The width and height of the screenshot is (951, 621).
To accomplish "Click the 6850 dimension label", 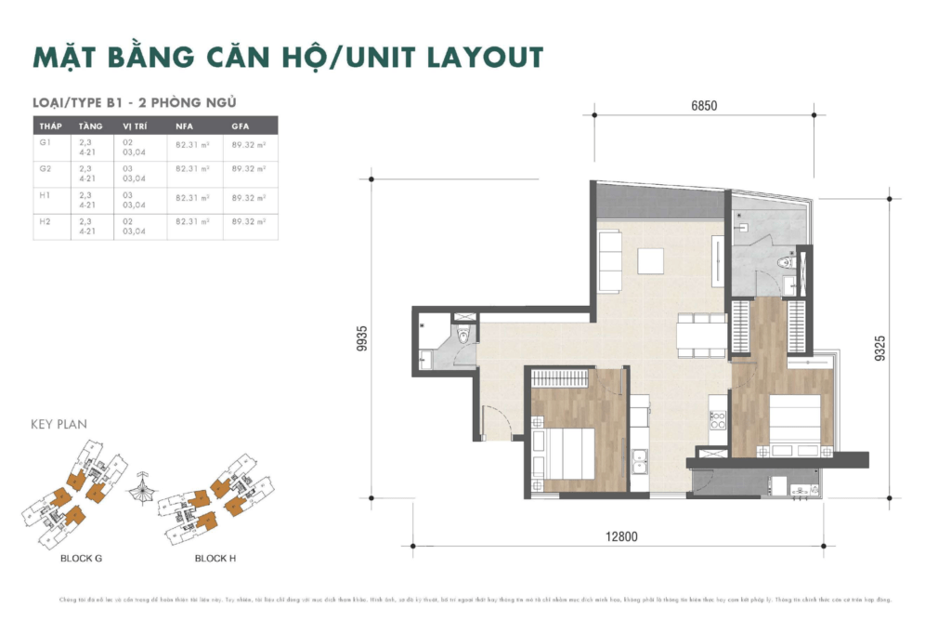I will (x=704, y=106).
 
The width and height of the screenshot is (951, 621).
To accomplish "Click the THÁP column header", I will (x=50, y=125).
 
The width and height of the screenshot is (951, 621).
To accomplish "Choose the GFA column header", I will (x=241, y=125).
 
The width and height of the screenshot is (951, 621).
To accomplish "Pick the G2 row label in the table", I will (x=46, y=168).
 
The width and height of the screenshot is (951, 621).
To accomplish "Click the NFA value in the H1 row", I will (x=192, y=197).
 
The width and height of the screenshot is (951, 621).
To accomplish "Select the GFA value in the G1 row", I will (x=248, y=144).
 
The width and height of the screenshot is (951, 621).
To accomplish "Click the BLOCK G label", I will (x=81, y=559).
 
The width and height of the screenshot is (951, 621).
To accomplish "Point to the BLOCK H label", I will (x=215, y=559).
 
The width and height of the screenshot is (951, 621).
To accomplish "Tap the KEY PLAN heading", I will (x=59, y=424).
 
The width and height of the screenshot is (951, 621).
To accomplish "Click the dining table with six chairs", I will (x=701, y=332).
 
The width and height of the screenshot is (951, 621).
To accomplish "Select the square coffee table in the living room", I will (x=651, y=261).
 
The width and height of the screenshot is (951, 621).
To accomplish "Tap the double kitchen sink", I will (x=639, y=459).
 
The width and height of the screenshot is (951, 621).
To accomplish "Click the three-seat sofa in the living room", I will (x=610, y=261).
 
